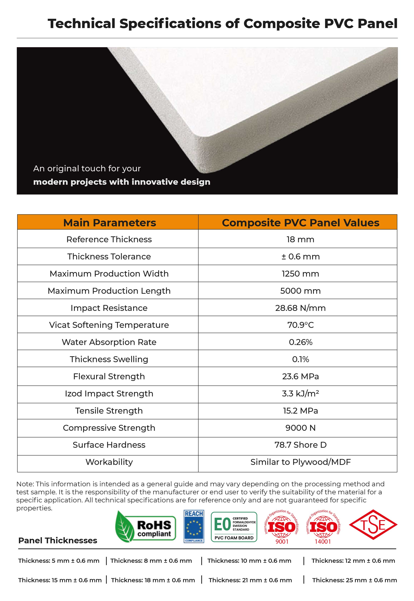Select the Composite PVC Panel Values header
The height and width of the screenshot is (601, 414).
pos(300,223)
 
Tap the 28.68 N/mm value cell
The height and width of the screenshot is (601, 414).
pos(300,308)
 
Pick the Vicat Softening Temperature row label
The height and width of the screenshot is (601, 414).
pos(109,325)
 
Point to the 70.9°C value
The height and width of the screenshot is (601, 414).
pos(300,325)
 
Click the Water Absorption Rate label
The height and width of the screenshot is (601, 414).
pos(109,342)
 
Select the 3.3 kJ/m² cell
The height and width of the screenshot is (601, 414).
pos(300,393)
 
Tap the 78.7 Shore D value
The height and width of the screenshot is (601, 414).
pos(300,445)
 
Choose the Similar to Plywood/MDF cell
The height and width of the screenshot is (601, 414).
pos(300,462)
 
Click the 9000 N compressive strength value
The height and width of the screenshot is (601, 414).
pos(300,428)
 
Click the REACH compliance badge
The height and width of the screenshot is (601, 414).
pos(194,527)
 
